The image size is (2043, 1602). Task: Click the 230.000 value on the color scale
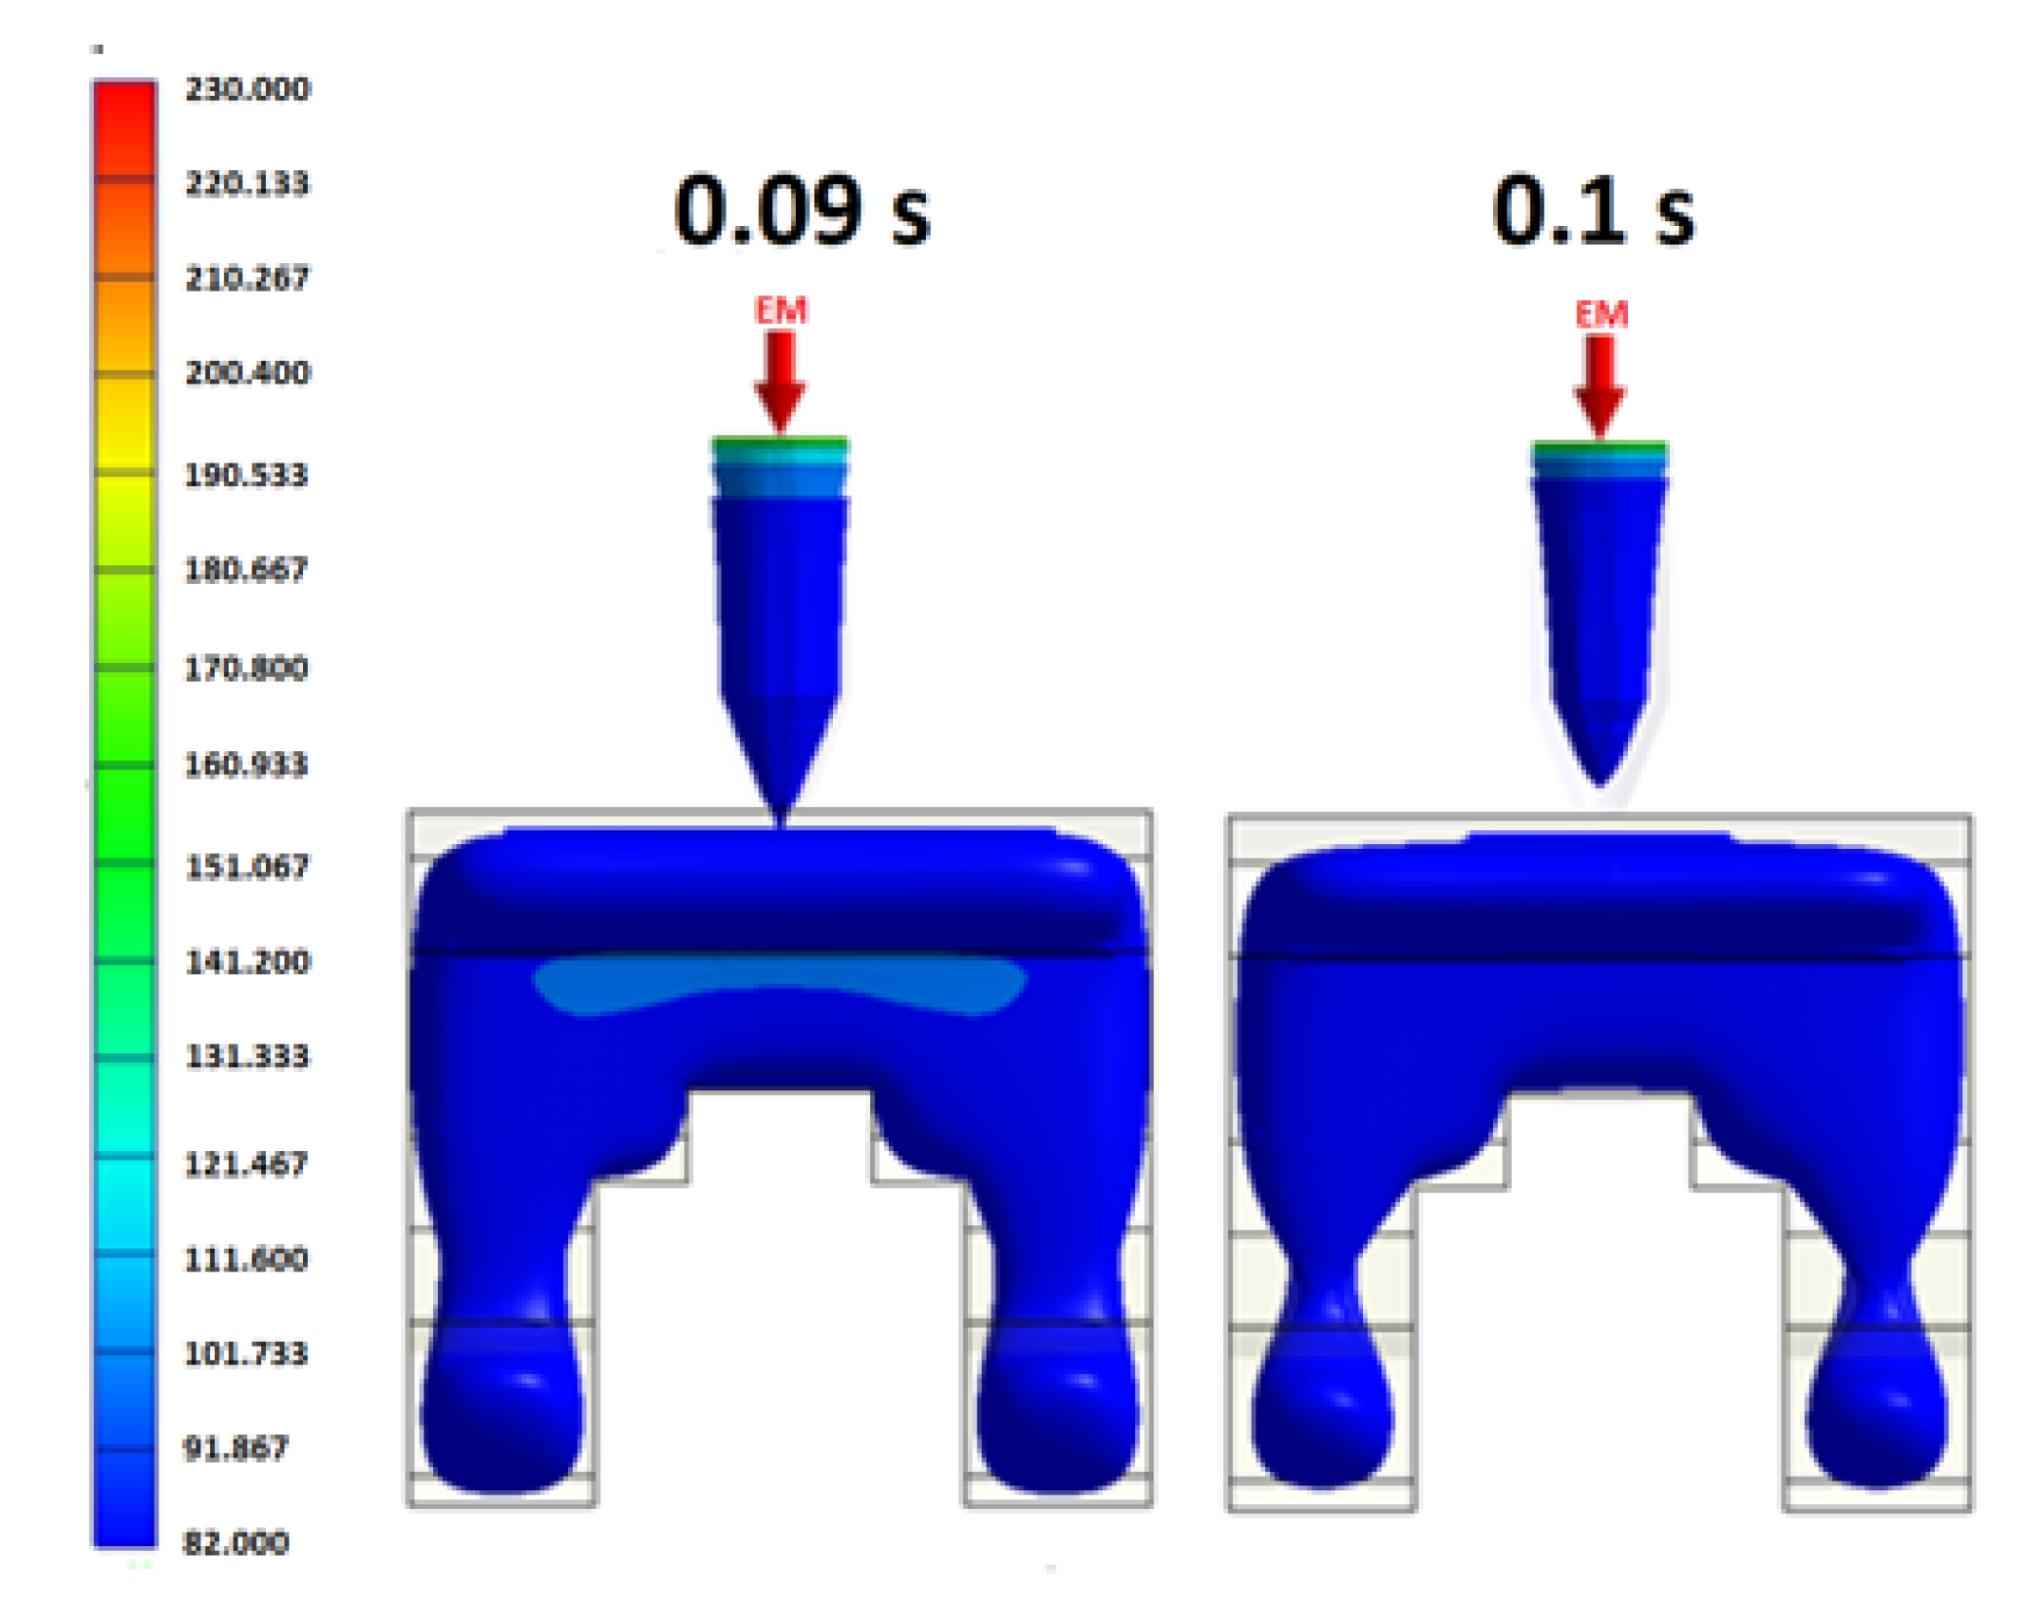point(247,89)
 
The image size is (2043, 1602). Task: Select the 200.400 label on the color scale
point(247,372)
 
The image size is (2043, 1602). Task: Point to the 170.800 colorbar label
point(246,669)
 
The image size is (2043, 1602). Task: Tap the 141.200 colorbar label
point(247,962)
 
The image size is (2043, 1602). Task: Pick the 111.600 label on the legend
point(246,1259)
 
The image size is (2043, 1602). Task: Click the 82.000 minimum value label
point(236,1543)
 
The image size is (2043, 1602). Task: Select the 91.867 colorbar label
point(236,1448)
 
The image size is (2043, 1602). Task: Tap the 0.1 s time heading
point(1594,211)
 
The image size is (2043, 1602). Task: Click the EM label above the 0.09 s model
point(781,311)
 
